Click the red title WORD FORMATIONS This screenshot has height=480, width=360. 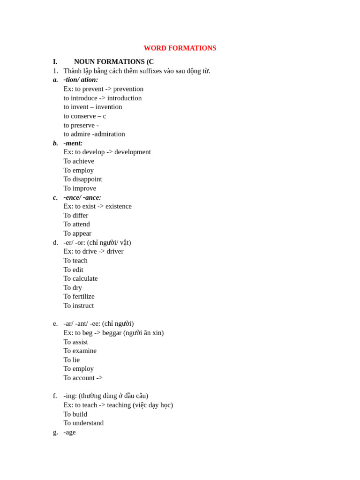pyautogui.click(x=180, y=48)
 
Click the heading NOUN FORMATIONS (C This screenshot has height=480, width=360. pyautogui.click(x=113, y=62)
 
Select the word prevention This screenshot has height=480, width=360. pyautogui.click(x=128, y=89)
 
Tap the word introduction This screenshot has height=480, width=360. pyautogui.click(x=124, y=98)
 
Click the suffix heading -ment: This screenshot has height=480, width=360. pyautogui.click(x=73, y=143)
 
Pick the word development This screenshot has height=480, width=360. pyautogui.click(x=133, y=152)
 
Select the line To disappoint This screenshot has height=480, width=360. pyautogui.click(x=82, y=179)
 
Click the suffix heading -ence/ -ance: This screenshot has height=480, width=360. pyautogui.click(x=82, y=197)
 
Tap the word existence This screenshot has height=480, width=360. pyautogui.click(x=119, y=206)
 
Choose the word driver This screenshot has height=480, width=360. pyautogui.click(x=115, y=251)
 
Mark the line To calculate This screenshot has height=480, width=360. pyautogui.click(x=81, y=278)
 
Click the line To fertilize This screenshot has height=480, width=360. pyautogui.click(x=79, y=296)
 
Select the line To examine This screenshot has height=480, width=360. pyautogui.click(x=80, y=351)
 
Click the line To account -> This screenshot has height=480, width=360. pyautogui.click(x=83, y=378)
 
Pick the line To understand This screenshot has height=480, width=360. pyautogui.click(x=83, y=423)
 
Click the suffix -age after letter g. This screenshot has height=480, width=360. pyautogui.click(x=69, y=432)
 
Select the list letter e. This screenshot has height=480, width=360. pyautogui.click(x=55, y=323)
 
